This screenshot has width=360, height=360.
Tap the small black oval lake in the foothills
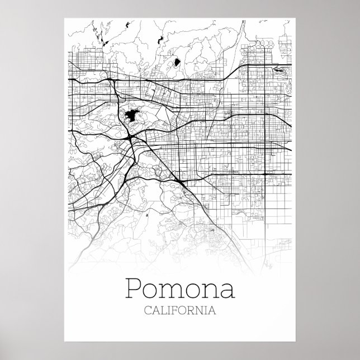pos(177,61)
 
